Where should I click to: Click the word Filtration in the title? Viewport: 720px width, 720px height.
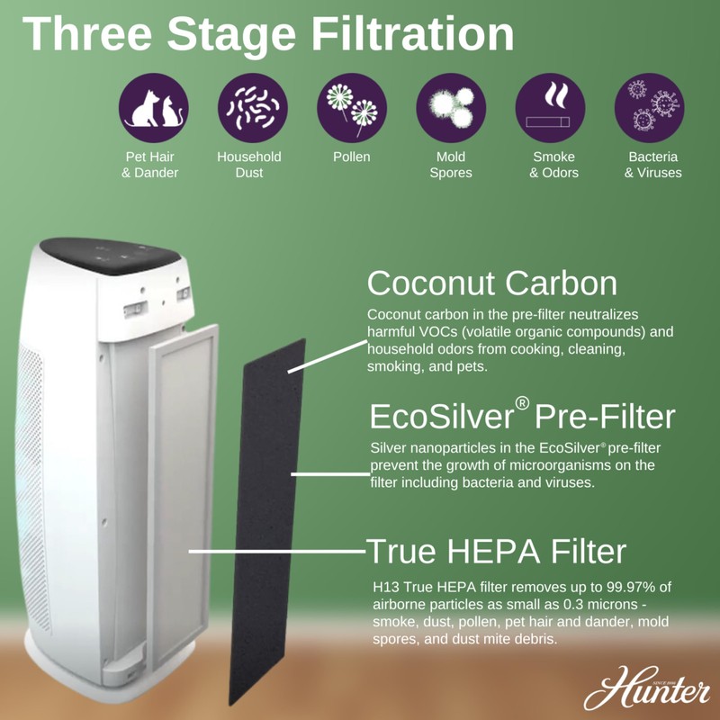coord(410,33)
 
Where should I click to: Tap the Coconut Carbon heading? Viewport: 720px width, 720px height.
coord(491,283)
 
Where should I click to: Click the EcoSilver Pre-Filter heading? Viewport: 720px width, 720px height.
coord(522,418)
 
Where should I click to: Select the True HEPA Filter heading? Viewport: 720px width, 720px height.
coord(496,551)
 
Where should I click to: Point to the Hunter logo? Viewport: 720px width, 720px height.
coord(645,691)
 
